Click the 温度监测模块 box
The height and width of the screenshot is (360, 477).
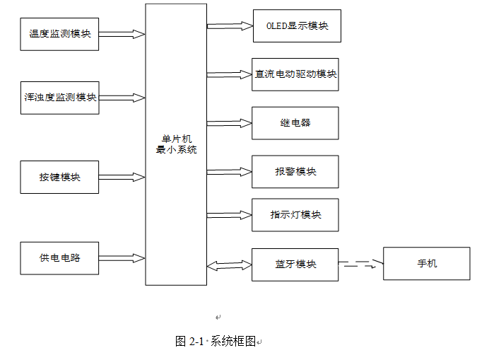pyautogui.click(x=59, y=34)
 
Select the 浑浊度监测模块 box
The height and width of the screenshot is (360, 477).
pyautogui.click(x=59, y=98)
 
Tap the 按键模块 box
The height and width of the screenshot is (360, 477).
pyautogui.click(x=59, y=177)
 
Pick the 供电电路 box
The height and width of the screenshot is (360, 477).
pyautogui.click(x=59, y=258)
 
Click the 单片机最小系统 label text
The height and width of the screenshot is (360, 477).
pyautogui.click(x=176, y=144)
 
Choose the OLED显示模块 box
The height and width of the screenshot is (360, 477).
pyautogui.click(x=297, y=26)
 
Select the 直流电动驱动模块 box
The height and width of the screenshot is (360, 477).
pyautogui.click(x=295, y=75)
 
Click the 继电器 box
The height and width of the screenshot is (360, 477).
pyautogui.click(x=295, y=123)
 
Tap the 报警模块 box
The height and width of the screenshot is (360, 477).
pyautogui.click(x=295, y=172)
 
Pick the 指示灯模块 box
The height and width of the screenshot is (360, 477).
pyautogui.click(x=295, y=215)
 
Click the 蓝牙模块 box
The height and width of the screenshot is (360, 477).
pyautogui.click(x=295, y=265)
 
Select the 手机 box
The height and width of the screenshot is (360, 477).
pyautogui.click(x=427, y=263)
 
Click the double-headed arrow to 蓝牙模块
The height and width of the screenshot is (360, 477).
pyautogui.click(x=230, y=265)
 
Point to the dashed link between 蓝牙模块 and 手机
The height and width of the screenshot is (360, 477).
pyautogui.click(x=361, y=264)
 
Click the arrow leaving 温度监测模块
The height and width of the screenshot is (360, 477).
pyautogui.click(x=122, y=34)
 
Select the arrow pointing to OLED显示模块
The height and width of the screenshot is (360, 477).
pyautogui.click(x=230, y=26)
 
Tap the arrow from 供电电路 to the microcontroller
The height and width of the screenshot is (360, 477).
pyautogui.click(x=122, y=258)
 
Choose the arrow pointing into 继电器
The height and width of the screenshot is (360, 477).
pyautogui.click(x=230, y=123)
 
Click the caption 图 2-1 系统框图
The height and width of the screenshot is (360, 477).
pyautogui.click(x=216, y=342)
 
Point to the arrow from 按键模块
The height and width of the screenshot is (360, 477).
pyautogui.click(x=122, y=178)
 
